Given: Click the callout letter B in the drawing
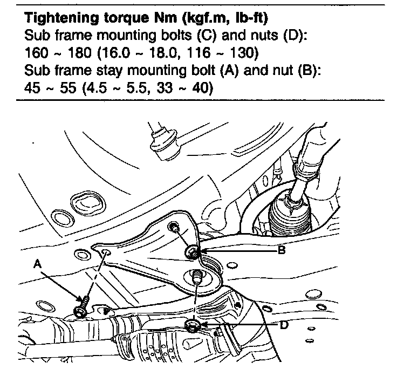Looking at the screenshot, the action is pos(282,250).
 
